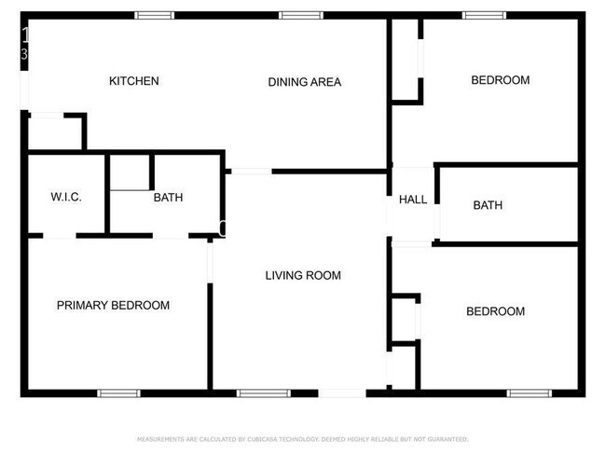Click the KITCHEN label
(134, 81)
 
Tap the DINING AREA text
(305, 82)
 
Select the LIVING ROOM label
(303, 275)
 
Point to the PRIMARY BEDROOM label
(113, 305)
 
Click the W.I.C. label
(66, 198)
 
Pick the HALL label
(413, 200)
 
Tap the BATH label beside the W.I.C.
(168, 198)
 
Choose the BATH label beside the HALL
(488, 205)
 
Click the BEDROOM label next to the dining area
(500, 80)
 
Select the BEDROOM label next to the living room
(495, 311)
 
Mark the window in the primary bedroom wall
(118, 393)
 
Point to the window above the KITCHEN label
(154, 15)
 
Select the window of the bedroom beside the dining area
(485, 15)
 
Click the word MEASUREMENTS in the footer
(161, 438)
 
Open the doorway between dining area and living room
(251, 171)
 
